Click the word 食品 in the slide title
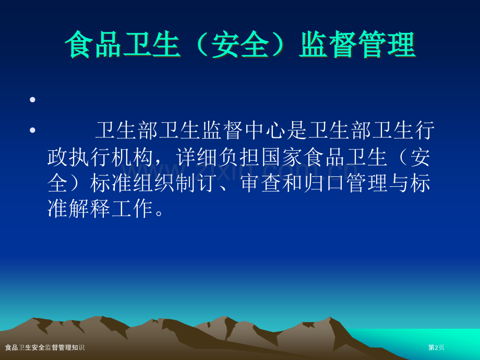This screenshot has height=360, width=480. [94, 45]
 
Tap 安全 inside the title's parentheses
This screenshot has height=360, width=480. [240, 45]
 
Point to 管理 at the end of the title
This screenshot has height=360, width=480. [387, 45]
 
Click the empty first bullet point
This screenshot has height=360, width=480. [32, 99]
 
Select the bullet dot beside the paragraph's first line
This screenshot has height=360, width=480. [32, 130]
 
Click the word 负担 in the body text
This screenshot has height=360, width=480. [241, 157]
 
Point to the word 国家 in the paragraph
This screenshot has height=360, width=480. [284, 157]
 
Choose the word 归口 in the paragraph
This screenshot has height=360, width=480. [326, 183]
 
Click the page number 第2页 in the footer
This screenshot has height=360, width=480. [436, 347]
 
